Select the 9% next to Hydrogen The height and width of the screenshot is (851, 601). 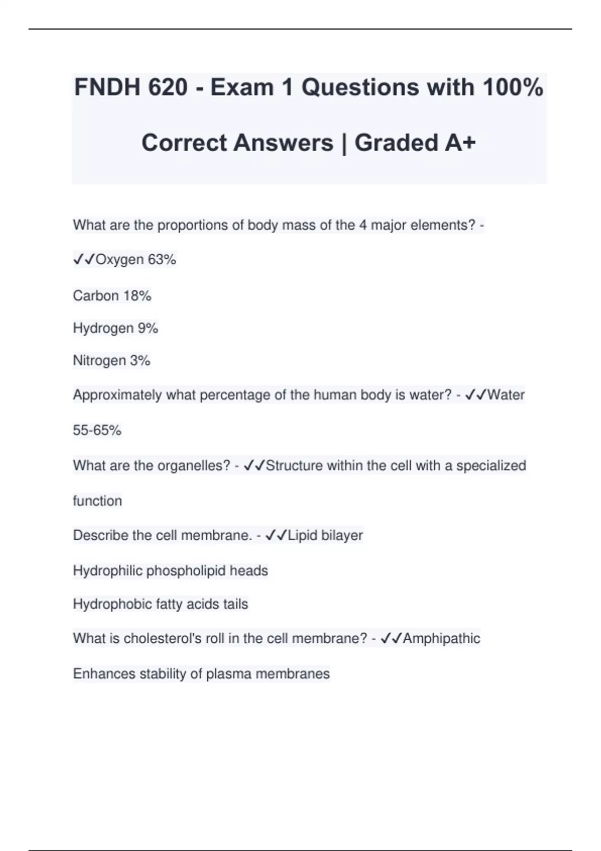148,328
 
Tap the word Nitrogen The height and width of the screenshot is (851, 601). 99,361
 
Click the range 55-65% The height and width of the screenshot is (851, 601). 97,431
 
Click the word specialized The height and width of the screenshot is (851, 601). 491,466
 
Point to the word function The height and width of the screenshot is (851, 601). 97,501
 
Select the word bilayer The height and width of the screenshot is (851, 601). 342,536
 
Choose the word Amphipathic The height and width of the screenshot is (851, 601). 441,639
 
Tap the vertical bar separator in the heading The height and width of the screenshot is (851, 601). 344,143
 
